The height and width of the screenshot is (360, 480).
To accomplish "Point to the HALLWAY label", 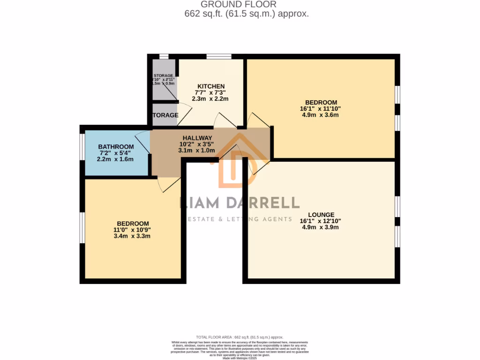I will tap(196, 138).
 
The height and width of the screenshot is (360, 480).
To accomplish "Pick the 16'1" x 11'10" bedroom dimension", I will tap(321, 109).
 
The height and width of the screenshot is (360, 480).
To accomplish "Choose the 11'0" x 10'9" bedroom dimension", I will tap(132, 230).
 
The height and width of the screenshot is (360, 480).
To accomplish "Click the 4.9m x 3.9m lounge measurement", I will tap(320, 227).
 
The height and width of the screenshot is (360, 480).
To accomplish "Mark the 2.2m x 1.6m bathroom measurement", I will tap(115, 159).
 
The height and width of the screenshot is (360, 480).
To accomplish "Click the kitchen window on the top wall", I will tap(219, 57).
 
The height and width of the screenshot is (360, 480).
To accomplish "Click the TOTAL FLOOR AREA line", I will tap(240, 337).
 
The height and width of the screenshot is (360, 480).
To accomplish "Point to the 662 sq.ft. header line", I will tap(247, 14).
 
